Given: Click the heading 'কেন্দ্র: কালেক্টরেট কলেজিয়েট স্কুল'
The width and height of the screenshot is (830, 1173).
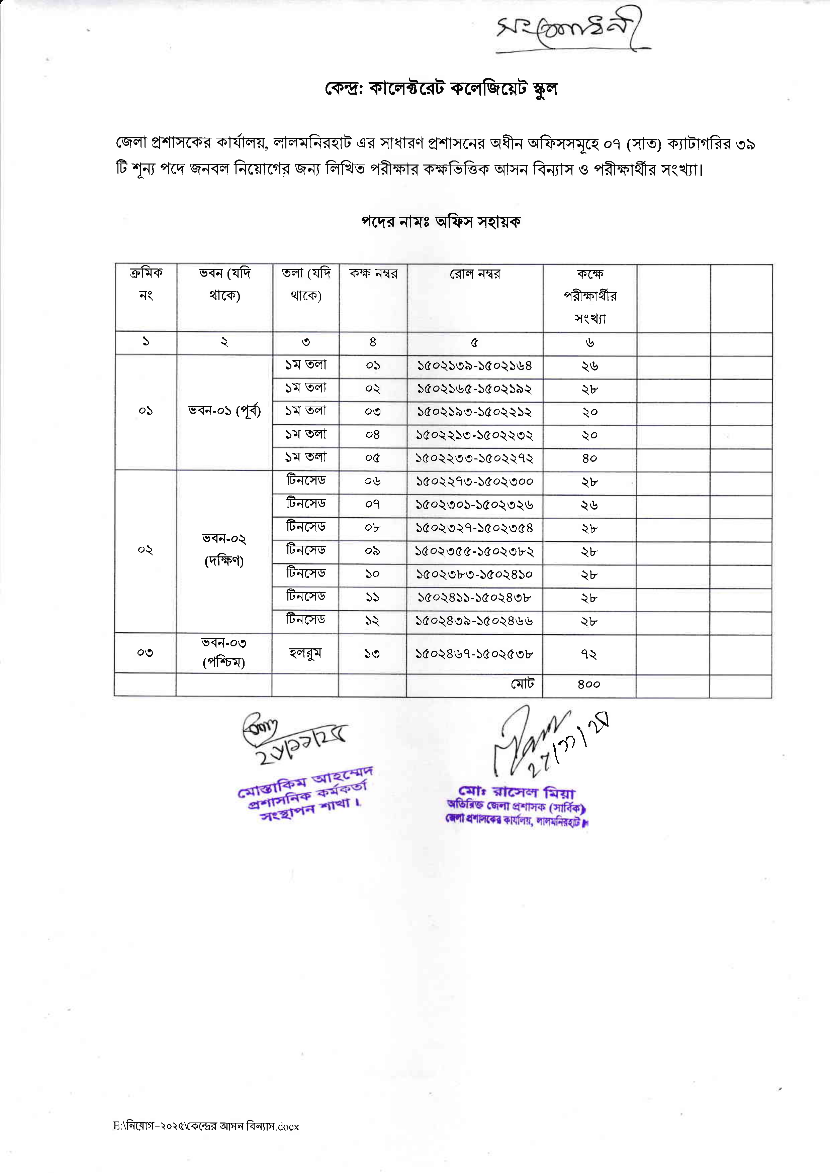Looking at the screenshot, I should (441, 89).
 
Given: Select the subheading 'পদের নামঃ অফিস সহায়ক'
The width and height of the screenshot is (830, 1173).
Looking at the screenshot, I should (441, 222).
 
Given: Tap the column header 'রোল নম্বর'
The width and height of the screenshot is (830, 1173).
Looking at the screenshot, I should (475, 274).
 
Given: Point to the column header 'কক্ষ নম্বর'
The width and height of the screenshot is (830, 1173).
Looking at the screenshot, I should (373, 274).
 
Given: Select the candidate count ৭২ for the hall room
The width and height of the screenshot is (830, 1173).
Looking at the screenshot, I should (589, 654).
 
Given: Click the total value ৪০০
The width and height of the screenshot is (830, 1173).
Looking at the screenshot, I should (589, 684).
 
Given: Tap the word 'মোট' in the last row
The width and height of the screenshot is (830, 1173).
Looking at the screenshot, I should (522, 683).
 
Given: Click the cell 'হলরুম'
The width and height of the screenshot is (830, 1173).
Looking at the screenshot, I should (305, 653).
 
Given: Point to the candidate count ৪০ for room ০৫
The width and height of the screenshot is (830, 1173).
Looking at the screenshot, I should (589, 458).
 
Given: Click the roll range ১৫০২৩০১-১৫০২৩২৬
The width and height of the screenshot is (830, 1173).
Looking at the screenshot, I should (474, 505).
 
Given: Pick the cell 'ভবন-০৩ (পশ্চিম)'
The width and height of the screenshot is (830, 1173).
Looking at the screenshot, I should (224, 653).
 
